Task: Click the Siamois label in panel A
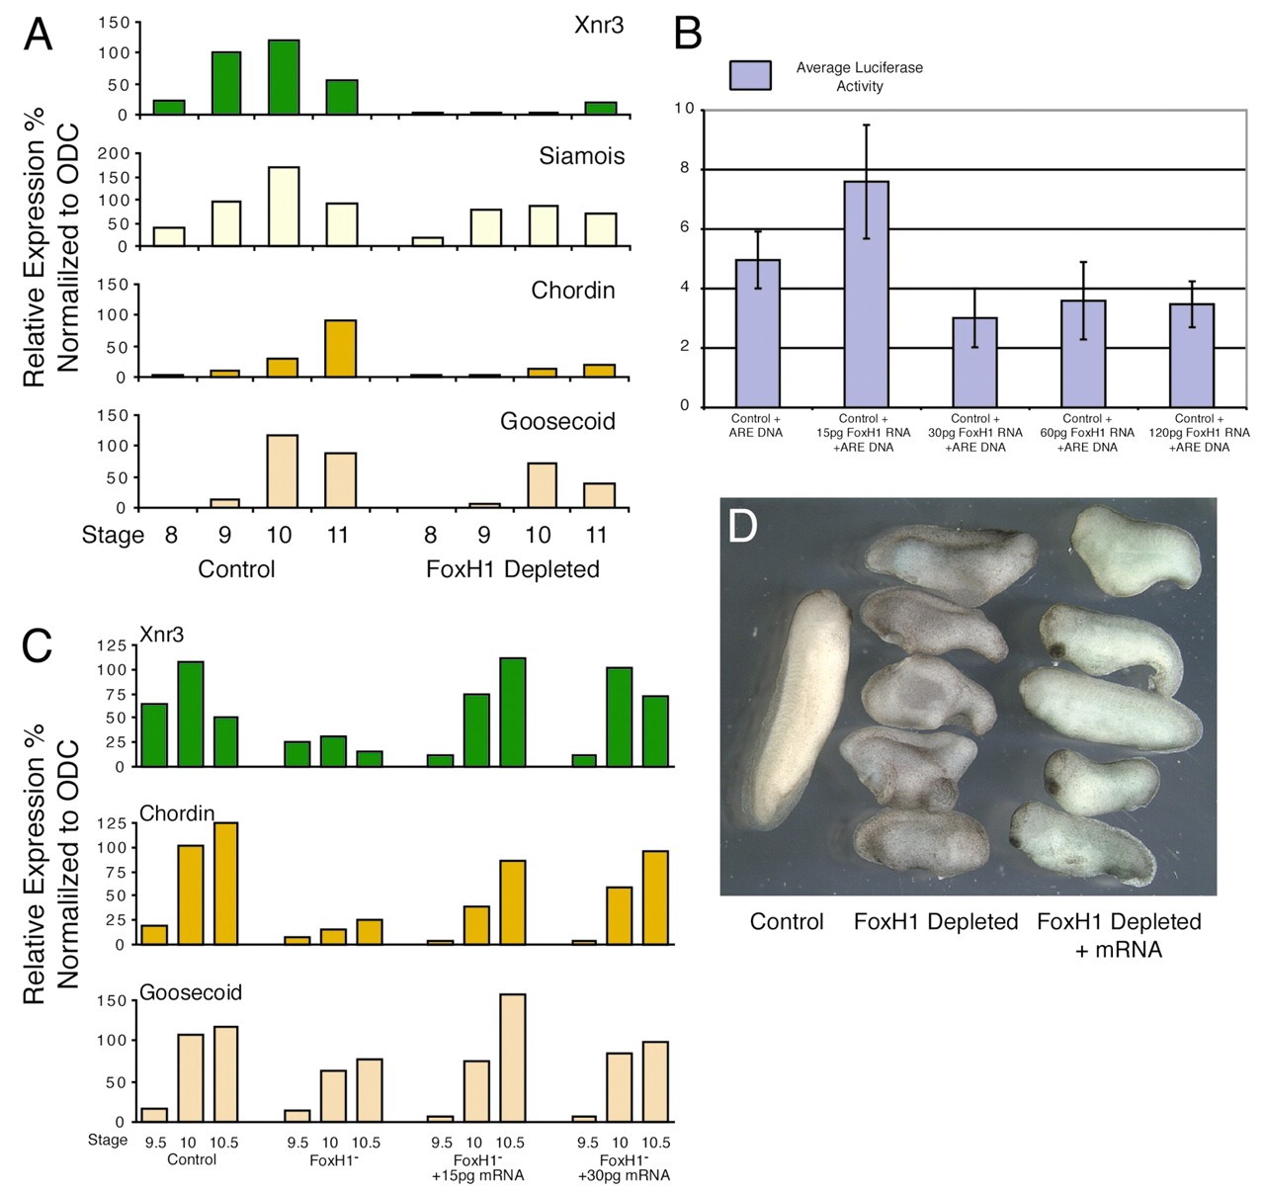click(x=581, y=156)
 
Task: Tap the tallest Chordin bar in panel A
click(x=340, y=348)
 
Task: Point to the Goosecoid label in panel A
click(x=557, y=421)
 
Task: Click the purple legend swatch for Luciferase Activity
click(x=750, y=75)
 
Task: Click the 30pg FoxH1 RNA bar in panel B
click(x=974, y=362)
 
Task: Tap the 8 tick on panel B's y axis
click(x=684, y=169)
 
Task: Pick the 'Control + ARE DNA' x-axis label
click(x=756, y=425)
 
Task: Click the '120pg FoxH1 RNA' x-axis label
click(x=1199, y=433)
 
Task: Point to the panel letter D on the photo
click(x=742, y=527)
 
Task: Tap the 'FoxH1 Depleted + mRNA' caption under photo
click(x=1118, y=935)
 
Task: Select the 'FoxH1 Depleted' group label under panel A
click(x=512, y=569)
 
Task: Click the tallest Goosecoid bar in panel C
click(x=513, y=1058)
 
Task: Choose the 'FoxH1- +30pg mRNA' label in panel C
click(x=624, y=1167)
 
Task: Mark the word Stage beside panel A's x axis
click(x=112, y=536)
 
